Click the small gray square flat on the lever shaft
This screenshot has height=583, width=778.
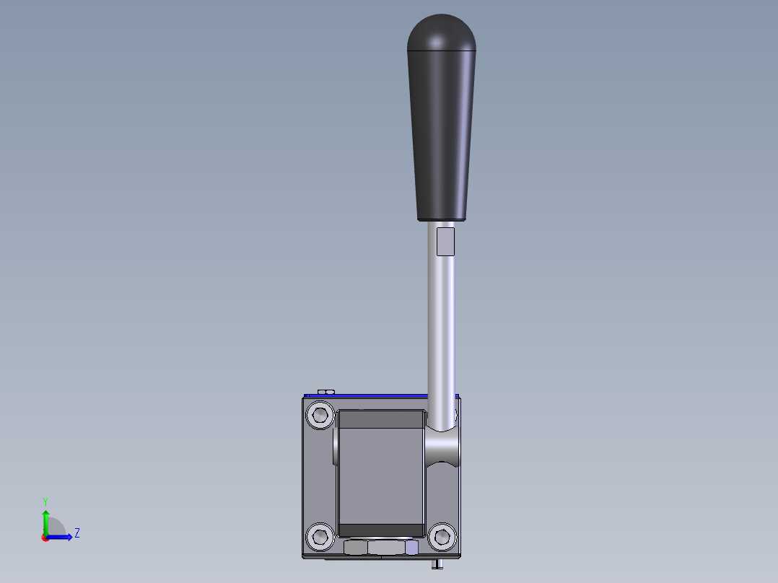click(446, 241)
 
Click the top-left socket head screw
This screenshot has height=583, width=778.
click(320, 416)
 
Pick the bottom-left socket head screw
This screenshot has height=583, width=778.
click(320, 536)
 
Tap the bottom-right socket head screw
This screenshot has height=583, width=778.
click(442, 536)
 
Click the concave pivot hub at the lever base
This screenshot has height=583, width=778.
click(442, 447)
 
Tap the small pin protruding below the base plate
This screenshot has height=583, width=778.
click(437, 564)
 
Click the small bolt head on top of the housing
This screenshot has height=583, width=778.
click(325, 391)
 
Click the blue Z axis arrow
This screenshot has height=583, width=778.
click(61, 536)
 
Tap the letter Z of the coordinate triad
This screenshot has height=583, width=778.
click(77, 533)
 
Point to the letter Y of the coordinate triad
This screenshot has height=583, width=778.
click(45, 501)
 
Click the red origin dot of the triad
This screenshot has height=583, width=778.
click(45, 537)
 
